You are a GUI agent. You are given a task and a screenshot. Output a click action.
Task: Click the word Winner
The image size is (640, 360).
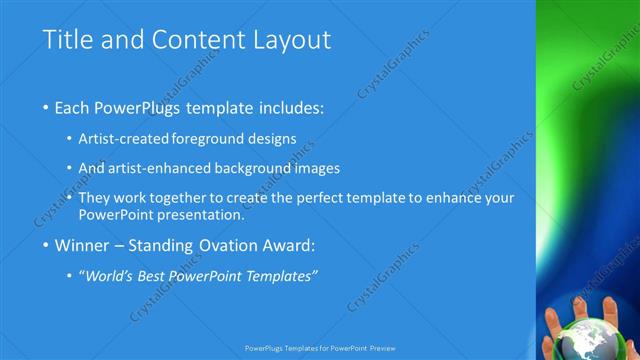[85, 245]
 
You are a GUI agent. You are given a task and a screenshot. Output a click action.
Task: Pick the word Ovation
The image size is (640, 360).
[228, 245]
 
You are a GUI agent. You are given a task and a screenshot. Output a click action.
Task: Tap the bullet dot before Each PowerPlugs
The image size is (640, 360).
[47, 108]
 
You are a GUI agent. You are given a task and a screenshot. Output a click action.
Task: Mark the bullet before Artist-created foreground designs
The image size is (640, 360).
[69, 140]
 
